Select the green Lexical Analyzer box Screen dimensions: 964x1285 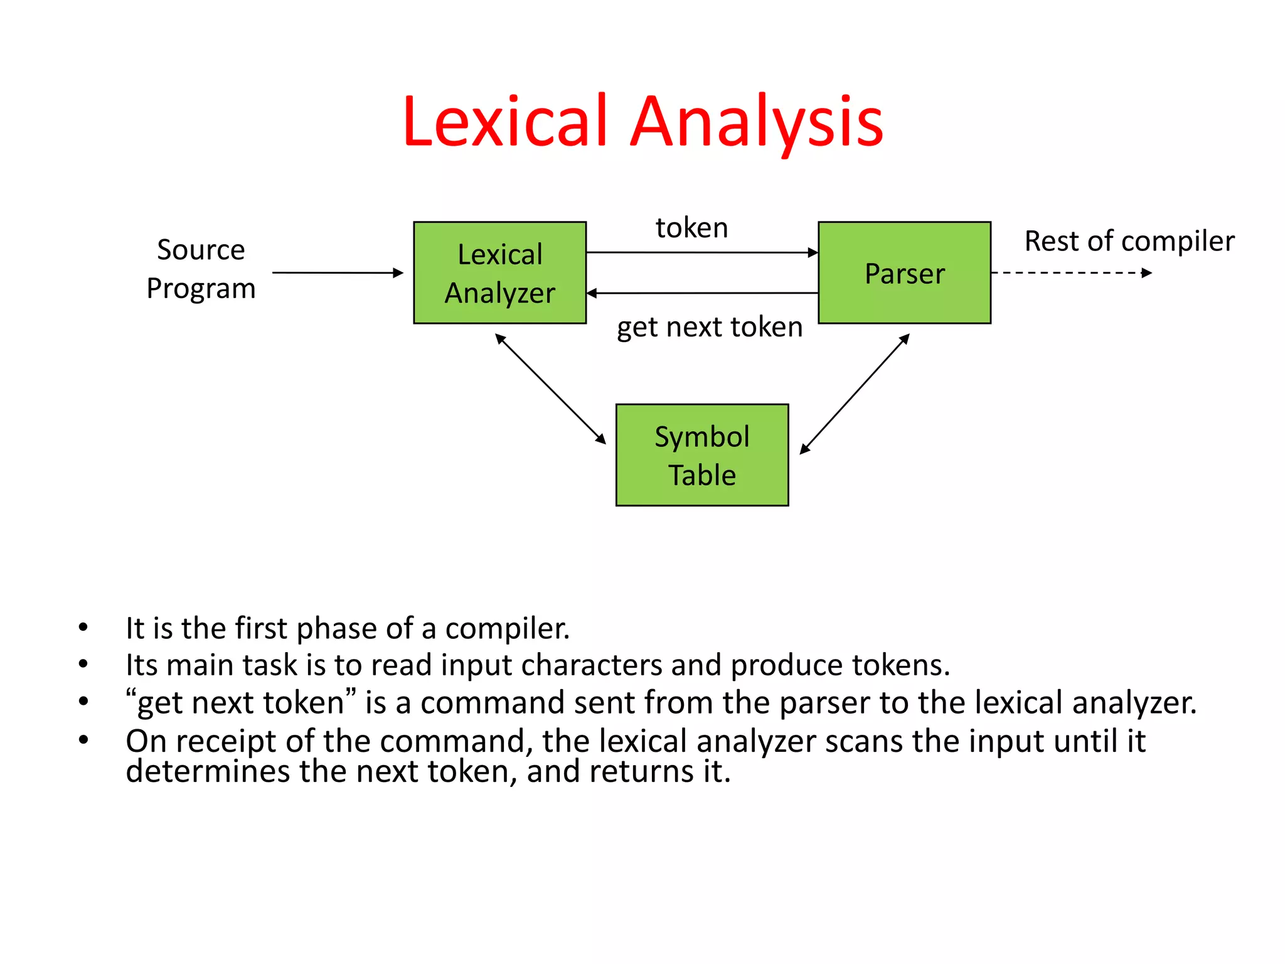499,273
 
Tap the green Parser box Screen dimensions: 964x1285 904,273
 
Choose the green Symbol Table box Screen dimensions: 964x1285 701,455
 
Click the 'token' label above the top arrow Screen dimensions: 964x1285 691,227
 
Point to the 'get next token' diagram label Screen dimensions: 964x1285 709,327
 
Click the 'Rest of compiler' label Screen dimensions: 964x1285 1129,241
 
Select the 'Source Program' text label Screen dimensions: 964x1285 201,269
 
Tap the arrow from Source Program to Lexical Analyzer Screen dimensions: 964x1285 337,273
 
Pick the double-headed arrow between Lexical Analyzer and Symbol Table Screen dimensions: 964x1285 550,388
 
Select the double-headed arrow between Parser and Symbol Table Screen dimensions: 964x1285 855,394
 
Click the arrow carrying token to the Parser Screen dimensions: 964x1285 701,253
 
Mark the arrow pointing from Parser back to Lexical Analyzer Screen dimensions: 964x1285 701,293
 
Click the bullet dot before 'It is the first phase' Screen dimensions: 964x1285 83,628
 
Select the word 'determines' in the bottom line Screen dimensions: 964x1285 207,771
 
